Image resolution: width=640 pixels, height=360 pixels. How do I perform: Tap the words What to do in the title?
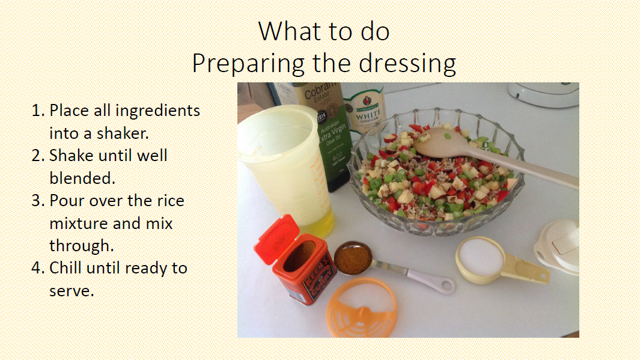click(x=324, y=31)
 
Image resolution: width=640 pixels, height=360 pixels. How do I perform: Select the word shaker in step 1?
click(x=123, y=133)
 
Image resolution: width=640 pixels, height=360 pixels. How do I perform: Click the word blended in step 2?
click(x=82, y=178)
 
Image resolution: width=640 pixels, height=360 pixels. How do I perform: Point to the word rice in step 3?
click(x=169, y=200)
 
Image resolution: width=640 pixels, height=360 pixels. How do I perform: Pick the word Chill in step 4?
click(x=66, y=268)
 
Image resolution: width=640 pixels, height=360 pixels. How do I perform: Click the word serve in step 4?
click(x=72, y=291)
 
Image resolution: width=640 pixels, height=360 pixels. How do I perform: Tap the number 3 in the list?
click(x=38, y=200)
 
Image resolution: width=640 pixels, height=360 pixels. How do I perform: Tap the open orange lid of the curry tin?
click(x=276, y=239)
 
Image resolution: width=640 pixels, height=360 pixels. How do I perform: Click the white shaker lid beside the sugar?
click(x=558, y=246)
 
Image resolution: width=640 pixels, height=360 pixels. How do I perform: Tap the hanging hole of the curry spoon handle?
click(x=446, y=285)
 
